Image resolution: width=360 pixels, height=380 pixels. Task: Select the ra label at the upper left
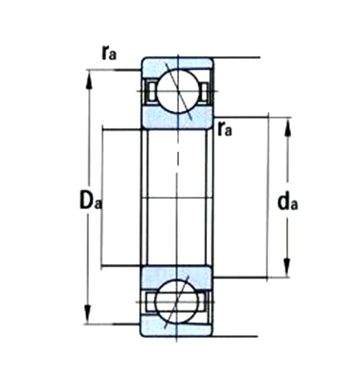[109, 52]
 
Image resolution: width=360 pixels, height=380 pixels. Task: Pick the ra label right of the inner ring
[225, 129]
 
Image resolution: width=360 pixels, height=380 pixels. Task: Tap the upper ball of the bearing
[178, 91]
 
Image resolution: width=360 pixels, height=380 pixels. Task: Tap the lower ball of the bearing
[176, 302]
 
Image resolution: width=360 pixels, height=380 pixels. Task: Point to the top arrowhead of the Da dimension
[90, 78]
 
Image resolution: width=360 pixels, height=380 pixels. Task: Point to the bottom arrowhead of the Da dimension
[88, 315]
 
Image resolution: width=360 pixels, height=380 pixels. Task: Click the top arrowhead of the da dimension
[287, 127]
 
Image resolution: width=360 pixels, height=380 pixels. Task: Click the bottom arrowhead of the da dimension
[287, 268]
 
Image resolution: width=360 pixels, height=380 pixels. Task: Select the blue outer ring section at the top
[177, 64]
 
